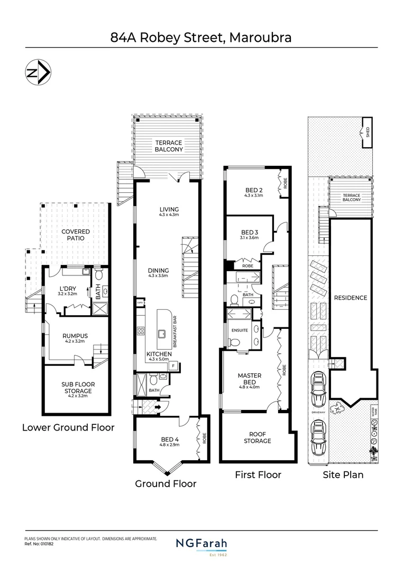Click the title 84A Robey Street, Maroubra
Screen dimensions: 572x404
pyautogui.click(x=201, y=38)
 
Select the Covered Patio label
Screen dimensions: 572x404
pyautogui.click(x=76, y=235)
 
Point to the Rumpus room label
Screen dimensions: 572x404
pyautogui.click(x=75, y=335)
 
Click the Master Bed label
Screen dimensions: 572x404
pyautogui.click(x=250, y=379)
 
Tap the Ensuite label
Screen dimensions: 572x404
pyautogui.click(x=240, y=330)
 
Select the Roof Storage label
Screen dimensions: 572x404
pyautogui.click(x=257, y=437)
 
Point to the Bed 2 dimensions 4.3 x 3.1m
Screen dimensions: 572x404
pyautogui.click(x=254, y=196)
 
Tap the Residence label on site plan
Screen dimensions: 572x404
pyautogui.click(x=350, y=298)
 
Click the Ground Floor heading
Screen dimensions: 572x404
pyautogui.click(x=166, y=484)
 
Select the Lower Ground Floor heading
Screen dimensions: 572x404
pyautogui.click(x=68, y=427)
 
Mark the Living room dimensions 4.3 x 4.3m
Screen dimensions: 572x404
pyautogui.click(x=169, y=216)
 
